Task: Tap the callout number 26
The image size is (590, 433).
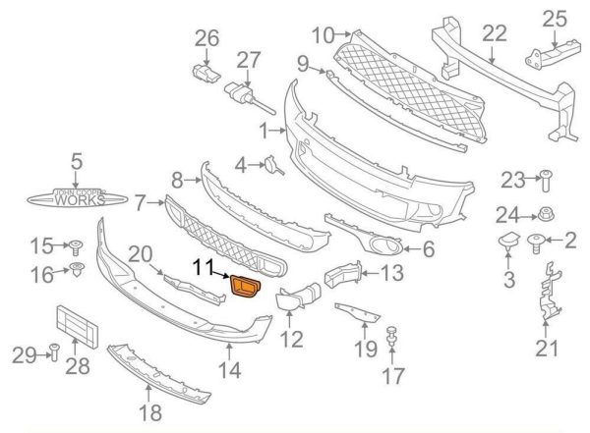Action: click(x=206, y=38)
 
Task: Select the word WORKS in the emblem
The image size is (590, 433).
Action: click(x=80, y=200)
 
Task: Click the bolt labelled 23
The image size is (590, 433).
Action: click(x=546, y=181)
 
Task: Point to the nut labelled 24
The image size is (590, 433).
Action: click(x=546, y=214)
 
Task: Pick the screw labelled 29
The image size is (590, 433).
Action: click(x=54, y=352)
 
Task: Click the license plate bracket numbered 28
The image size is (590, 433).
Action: click(x=77, y=327)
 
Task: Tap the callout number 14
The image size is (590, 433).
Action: click(x=230, y=370)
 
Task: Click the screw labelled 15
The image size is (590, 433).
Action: click(x=76, y=247)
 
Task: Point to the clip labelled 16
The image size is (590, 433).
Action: click(x=77, y=269)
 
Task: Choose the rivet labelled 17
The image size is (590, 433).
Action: click(x=392, y=337)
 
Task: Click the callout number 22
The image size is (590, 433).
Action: click(x=495, y=33)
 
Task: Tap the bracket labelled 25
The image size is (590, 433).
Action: click(x=553, y=54)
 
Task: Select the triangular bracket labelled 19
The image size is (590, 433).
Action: click(x=358, y=313)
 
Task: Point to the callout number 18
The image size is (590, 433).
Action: click(x=150, y=412)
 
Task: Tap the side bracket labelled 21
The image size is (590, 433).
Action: click(x=550, y=292)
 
